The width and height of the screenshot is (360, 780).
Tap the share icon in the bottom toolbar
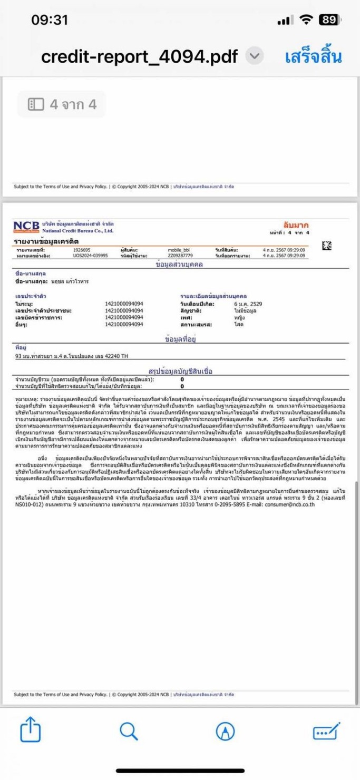(30, 731)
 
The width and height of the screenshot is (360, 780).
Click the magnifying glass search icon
(129, 731)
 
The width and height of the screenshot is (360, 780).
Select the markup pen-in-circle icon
(226, 731)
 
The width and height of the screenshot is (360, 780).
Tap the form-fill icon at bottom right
(327, 731)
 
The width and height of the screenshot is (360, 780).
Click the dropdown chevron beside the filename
(255, 56)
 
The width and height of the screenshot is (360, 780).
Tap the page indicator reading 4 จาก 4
(62, 104)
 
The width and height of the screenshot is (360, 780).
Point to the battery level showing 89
(329, 20)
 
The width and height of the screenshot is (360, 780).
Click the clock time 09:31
(50, 20)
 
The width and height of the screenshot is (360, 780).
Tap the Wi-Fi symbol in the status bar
(305, 20)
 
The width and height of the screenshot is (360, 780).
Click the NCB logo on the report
(26, 227)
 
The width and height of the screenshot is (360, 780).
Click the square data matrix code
(327, 245)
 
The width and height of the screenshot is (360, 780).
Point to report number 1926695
(82, 249)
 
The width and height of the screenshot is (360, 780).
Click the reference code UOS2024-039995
(90, 255)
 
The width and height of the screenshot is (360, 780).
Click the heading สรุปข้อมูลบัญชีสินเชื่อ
(181, 371)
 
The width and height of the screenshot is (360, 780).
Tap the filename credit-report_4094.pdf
(139, 56)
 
